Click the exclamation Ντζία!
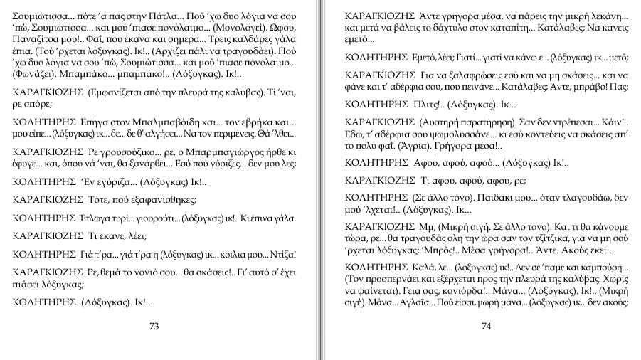pos(280,254)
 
